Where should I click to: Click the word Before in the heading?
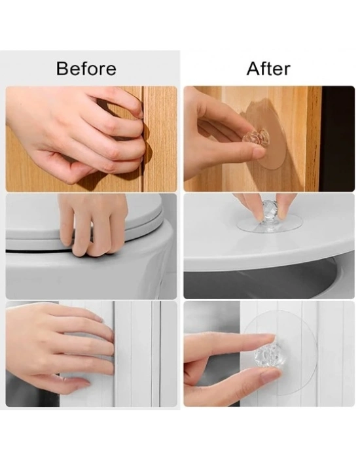tap(86, 68)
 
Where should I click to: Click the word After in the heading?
tap(268, 69)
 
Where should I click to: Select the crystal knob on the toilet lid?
tap(269, 209)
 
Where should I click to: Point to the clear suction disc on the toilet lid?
tap(269, 226)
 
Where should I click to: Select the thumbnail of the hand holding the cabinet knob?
tap(271, 375)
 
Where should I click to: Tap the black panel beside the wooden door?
tap(338, 139)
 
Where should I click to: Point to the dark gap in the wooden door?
tap(143, 139)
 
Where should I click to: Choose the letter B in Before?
tap(62, 68)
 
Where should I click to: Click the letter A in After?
tap(253, 69)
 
